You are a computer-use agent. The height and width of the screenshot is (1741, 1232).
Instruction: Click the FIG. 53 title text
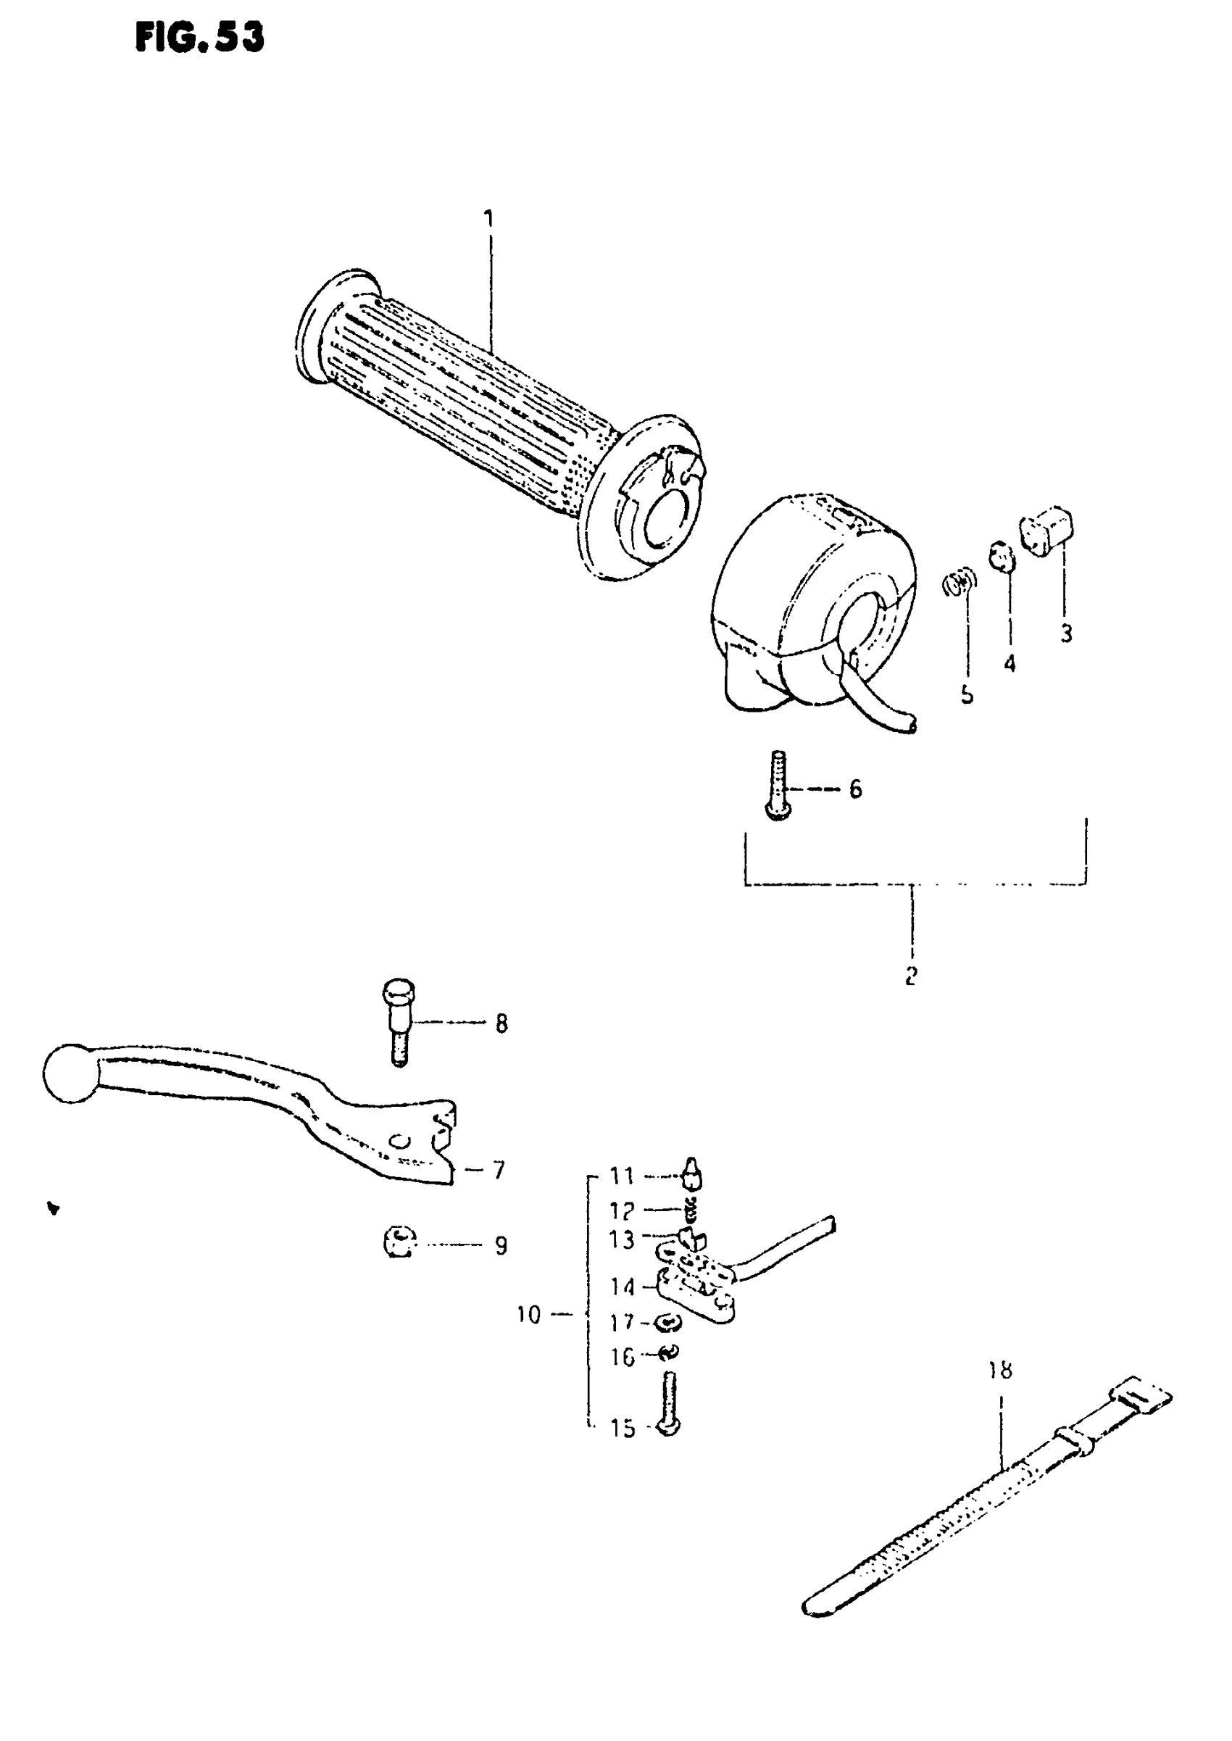tap(199, 36)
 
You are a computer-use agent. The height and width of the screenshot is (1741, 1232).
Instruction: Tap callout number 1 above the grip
tap(489, 218)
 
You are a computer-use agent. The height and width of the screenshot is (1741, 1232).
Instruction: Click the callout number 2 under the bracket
tap(911, 976)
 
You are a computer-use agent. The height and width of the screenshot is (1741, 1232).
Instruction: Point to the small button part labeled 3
tap(1048, 527)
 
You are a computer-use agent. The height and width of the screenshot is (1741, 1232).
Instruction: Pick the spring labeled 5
tap(960, 583)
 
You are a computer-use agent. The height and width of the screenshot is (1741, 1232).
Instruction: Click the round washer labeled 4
tap(1002, 557)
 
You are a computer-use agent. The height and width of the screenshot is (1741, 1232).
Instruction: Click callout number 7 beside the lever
tap(499, 1171)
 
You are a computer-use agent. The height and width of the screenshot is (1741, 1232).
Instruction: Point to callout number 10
tap(528, 1315)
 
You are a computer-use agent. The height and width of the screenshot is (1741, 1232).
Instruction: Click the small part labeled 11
tap(693, 1175)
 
